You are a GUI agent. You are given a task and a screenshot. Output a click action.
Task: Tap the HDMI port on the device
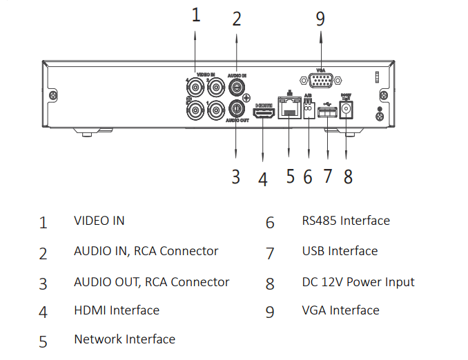click(x=262, y=114)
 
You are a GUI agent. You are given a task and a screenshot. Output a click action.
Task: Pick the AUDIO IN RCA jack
click(x=237, y=87)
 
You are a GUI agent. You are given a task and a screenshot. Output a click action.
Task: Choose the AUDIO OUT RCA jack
click(x=237, y=108)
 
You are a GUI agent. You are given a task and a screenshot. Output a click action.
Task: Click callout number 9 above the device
click(x=320, y=19)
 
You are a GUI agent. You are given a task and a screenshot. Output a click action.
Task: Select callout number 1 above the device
click(x=195, y=15)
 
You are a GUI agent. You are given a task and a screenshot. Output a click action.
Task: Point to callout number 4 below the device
click(x=262, y=179)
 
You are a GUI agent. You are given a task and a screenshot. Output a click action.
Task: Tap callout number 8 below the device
click(x=348, y=177)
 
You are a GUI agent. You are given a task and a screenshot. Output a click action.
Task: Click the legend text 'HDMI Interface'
click(x=117, y=310)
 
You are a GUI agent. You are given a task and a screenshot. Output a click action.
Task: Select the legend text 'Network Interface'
click(x=124, y=339)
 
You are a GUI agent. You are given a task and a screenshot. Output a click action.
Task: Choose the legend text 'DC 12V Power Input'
click(x=358, y=281)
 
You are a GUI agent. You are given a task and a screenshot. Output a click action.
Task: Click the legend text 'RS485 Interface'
click(x=346, y=221)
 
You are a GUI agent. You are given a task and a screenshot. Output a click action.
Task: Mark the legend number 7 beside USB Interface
click(x=270, y=253)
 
